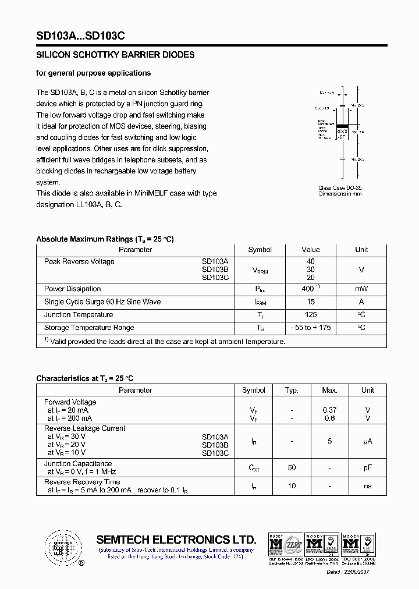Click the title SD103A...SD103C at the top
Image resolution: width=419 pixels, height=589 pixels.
80,36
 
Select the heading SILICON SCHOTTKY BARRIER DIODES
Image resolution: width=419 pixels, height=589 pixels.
115,55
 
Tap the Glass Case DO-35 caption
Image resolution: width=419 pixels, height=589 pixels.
340,187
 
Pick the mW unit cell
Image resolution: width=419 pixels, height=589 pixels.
361,289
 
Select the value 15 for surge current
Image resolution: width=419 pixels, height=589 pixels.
311,301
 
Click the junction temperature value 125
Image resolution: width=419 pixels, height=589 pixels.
311,315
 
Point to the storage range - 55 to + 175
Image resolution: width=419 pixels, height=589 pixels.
311,328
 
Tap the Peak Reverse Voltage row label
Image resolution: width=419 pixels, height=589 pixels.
79,261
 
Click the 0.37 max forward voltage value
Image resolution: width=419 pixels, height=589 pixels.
329,410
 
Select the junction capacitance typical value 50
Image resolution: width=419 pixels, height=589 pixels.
292,467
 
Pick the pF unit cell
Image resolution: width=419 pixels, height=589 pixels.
367,467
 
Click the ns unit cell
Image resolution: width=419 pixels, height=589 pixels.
367,486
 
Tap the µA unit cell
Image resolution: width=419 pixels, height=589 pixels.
367,442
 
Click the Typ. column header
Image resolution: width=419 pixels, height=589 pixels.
292,390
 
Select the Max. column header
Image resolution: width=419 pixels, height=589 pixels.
329,390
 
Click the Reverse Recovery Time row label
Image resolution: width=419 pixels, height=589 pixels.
82,482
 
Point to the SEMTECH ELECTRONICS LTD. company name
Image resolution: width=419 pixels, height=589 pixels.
176,539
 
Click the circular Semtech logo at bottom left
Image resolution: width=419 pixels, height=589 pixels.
62,548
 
